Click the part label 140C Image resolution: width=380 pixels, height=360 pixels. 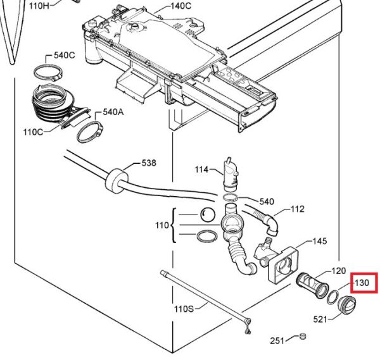point(180,6)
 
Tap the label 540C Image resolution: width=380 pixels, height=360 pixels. point(64,55)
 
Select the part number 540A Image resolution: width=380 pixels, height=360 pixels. point(113,112)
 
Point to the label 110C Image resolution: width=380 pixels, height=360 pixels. point(33,132)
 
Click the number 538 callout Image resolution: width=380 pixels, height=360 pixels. point(149,163)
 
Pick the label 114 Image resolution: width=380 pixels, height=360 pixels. point(201,170)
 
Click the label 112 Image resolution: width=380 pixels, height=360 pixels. point(298,209)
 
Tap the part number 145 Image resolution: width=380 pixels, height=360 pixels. point(320,241)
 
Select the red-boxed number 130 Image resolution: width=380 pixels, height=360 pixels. point(362,283)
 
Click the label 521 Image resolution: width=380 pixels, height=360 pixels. point(320,320)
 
